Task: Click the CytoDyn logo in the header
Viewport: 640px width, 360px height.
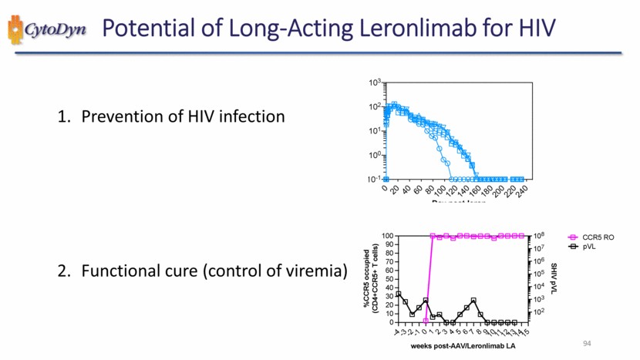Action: (x=46, y=29)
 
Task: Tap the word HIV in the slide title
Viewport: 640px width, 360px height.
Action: (x=533, y=29)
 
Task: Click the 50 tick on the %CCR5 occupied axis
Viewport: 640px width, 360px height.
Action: (x=389, y=279)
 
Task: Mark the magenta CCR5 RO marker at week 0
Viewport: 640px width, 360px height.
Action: (x=426, y=320)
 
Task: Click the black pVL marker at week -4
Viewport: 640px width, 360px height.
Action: (x=398, y=294)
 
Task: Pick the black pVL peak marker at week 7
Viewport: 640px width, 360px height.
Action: (x=473, y=300)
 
